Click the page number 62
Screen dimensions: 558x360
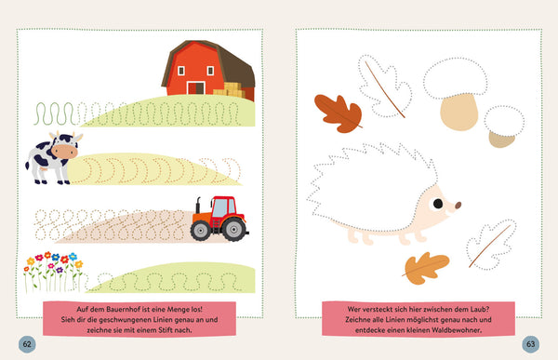point(27,344)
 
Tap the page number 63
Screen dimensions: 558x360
point(531,344)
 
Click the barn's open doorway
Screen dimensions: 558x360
point(195,88)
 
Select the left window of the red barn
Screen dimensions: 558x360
point(181,71)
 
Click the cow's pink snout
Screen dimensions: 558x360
point(64,152)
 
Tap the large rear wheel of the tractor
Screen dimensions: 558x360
point(233,229)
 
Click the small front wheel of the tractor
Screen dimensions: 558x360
point(201,231)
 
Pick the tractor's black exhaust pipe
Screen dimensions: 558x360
point(198,205)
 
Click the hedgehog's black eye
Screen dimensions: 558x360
point(438,204)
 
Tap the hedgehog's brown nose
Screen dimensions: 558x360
point(458,205)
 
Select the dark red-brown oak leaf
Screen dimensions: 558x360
point(339,113)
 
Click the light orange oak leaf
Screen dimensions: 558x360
point(426,268)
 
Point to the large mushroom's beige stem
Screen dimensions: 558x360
point(458,112)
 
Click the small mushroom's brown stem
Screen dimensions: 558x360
point(502,140)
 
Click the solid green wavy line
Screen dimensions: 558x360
point(55,113)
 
